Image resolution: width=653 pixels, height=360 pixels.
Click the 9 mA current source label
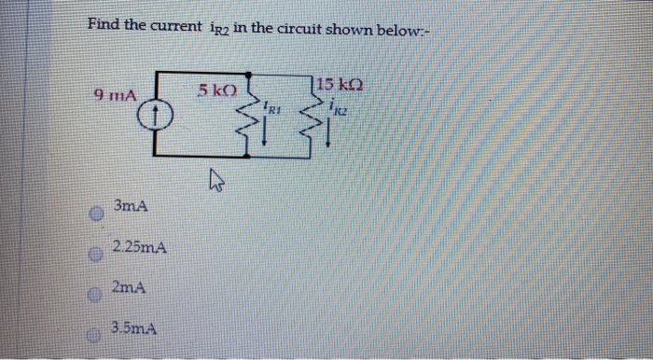click(x=116, y=94)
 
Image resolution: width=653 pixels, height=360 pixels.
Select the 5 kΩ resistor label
click(x=217, y=90)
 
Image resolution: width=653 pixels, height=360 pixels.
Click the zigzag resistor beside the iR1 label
click(x=251, y=118)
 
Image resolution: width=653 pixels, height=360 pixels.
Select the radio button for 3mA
click(x=93, y=213)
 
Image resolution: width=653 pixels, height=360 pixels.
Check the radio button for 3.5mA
click(x=94, y=331)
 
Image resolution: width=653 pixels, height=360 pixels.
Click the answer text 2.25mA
click(x=139, y=248)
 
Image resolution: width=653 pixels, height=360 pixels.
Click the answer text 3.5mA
click(x=132, y=328)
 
